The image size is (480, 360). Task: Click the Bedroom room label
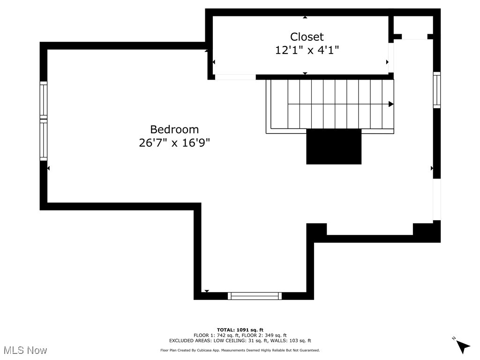pos(174,129)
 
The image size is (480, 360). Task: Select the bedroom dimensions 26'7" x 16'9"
pos(174,143)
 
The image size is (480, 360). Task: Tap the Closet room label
pos(307,37)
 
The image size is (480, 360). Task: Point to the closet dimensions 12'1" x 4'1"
pos(307,50)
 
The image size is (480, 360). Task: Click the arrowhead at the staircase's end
pos(391,104)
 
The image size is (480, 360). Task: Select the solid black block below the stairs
pos(334,146)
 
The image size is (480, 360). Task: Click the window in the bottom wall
pos(255,296)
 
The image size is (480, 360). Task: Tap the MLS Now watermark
pos(25,350)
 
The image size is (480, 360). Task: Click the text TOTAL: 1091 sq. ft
pos(240,330)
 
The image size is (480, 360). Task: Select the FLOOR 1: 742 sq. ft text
pos(216,336)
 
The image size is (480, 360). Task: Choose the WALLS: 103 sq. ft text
pos(294,341)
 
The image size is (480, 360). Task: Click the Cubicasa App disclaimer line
pos(240,350)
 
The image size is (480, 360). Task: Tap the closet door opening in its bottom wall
pos(235,77)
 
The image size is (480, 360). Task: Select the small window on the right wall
pos(436,90)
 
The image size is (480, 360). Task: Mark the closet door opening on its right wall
pos(391,57)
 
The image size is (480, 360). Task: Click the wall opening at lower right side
pos(436,200)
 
